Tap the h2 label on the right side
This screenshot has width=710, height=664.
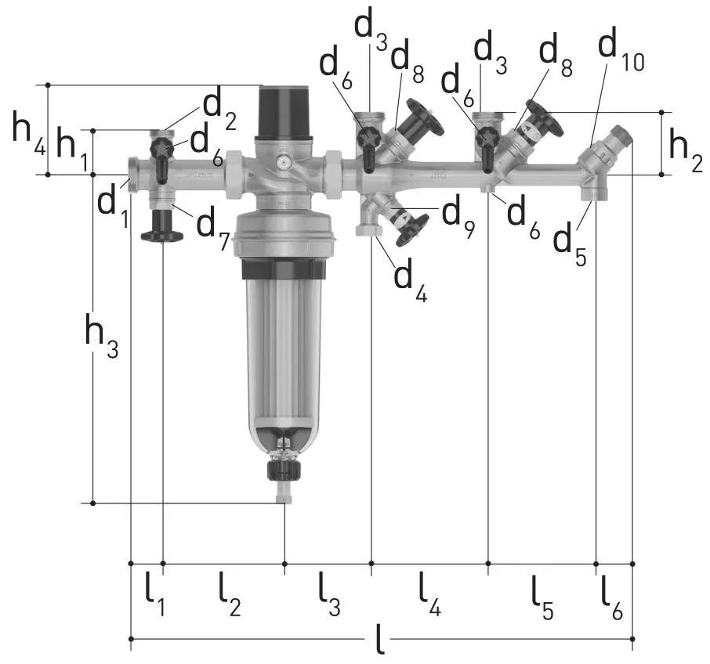point(686,150)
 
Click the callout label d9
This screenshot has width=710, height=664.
point(458,217)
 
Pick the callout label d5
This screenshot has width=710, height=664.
point(570,244)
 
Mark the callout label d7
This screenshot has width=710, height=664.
point(213,229)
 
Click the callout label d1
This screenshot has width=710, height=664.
point(113,206)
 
